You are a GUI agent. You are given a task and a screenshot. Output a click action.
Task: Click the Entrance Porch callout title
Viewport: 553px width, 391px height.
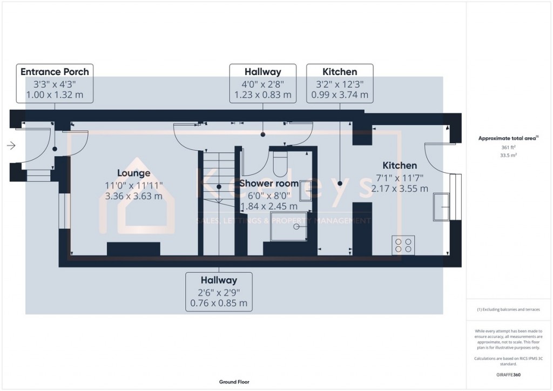pyautogui.click(x=55, y=71)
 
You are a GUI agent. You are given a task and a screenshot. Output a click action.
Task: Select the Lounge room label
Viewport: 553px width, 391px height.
pyautogui.click(x=133, y=173)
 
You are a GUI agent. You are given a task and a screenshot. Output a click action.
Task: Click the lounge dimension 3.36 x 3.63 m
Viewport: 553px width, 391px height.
pyautogui.click(x=133, y=196)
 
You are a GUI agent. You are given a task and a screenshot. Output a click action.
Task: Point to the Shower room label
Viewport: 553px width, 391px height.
pyautogui.click(x=269, y=184)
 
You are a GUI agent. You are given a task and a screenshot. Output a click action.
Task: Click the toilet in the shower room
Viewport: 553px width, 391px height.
pyautogui.click(x=281, y=164)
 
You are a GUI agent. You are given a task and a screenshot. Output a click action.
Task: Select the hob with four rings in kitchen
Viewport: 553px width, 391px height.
pyautogui.click(x=403, y=245)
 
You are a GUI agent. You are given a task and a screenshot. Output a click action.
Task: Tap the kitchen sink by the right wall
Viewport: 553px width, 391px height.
pyautogui.click(x=442, y=206)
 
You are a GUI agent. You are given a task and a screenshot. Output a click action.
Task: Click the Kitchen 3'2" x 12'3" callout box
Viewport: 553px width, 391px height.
pyautogui.click(x=340, y=83)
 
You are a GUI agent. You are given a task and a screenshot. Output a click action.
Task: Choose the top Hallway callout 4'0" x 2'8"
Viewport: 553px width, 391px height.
pyautogui.click(x=263, y=83)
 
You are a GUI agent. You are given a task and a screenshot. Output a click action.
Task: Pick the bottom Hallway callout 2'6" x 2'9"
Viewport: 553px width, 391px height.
pyautogui.click(x=219, y=292)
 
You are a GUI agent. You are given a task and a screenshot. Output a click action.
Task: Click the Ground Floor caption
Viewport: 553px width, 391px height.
pyautogui.click(x=233, y=382)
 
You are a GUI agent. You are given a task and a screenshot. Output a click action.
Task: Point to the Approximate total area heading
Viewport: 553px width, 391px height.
pyautogui.click(x=507, y=138)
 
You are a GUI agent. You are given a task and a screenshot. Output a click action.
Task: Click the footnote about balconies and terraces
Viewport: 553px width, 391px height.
pyautogui.click(x=507, y=309)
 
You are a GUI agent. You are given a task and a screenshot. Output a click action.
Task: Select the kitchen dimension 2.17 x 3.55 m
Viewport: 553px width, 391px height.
pyautogui.click(x=400, y=188)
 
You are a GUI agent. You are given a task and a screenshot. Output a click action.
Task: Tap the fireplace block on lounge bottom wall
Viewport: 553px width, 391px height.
pyautogui.click(x=133, y=249)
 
